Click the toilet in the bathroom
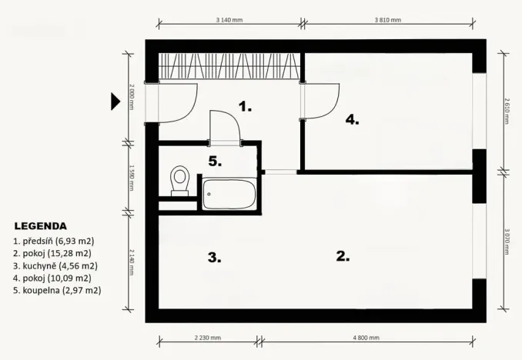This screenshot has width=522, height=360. click(180, 180)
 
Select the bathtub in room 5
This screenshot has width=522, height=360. click(229, 194)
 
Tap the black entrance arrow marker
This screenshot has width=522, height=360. click(115, 101)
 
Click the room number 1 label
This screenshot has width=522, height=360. click(245, 107)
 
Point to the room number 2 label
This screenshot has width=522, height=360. click(343, 257)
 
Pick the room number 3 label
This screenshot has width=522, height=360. click(214, 258)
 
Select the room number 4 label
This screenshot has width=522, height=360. click(352, 120)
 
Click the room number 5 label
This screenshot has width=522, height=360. click(216, 161)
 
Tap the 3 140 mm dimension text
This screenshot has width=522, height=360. click(229, 21)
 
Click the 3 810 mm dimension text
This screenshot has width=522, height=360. click(387, 21)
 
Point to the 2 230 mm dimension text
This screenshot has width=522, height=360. click(208, 338)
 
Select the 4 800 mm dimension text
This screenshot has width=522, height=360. click(366, 338)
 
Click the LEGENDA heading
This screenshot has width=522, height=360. click(40, 227)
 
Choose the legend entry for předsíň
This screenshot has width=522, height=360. click(53, 241)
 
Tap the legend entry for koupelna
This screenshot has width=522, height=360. click(57, 290)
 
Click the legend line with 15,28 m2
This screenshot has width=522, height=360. click(52, 253)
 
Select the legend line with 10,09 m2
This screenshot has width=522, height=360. click(52, 278)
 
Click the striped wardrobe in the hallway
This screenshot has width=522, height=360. click(229, 66)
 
